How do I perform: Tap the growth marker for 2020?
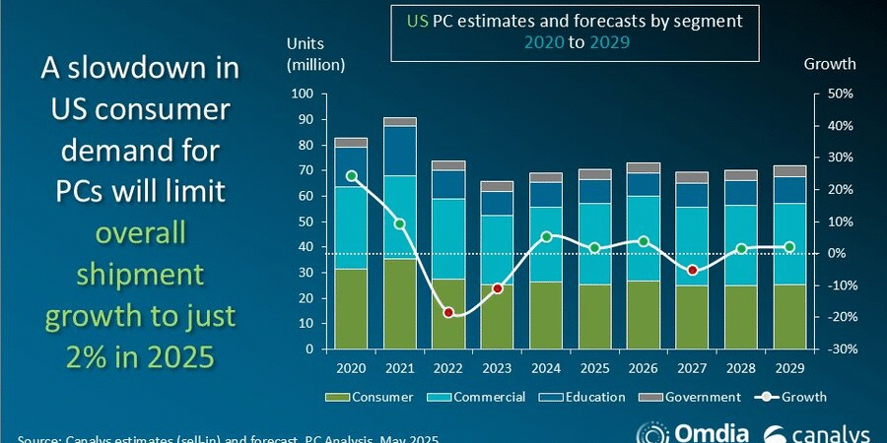pos(352,176)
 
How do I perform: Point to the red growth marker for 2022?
pos(448,312)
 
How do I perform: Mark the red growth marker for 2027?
pos(692,270)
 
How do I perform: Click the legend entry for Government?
pos(695,397)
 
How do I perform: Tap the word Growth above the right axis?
pos(830,65)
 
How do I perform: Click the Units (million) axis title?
pos(315,54)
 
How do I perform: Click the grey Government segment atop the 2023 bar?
pos(497,186)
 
